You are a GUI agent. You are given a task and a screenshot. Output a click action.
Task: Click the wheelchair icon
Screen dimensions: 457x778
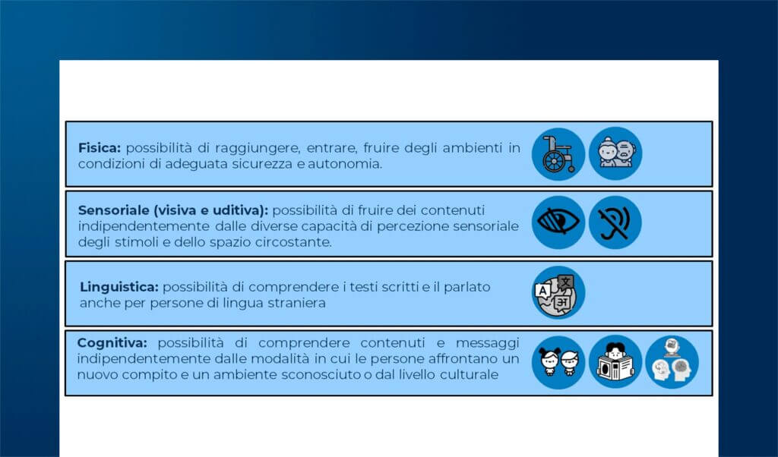(x=558, y=153)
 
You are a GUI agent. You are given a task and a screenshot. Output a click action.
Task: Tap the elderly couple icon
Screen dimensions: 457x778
(x=615, y=153)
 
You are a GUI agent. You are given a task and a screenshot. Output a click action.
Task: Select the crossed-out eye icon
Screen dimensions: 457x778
(x=558, y=222)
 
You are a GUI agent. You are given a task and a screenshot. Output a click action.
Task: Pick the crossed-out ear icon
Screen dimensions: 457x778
(x=615, y=222)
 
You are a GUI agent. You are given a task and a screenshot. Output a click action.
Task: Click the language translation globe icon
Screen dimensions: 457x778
(x=558, y=292)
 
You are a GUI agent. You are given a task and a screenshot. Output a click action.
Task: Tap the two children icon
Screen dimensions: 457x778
(x=558, y=362)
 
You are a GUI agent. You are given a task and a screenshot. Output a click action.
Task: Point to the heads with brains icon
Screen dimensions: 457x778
(x=672, y=362)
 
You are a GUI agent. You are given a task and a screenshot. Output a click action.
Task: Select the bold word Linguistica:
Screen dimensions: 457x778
(x=119, y=287)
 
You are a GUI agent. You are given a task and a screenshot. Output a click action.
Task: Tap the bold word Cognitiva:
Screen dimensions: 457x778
(x=112, y=343)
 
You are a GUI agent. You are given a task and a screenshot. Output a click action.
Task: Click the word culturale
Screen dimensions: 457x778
(x=468, y=374)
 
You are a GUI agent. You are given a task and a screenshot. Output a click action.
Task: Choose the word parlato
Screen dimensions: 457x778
(x=463, y=287)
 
